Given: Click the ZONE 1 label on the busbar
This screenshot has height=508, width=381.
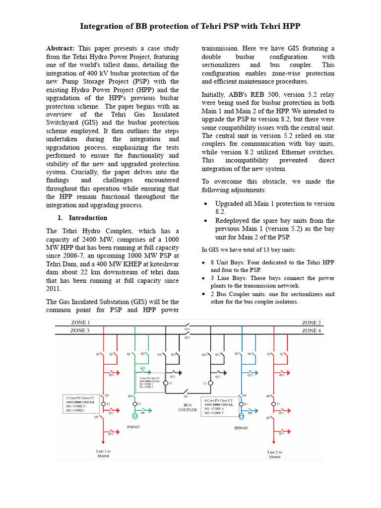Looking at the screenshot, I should pos(80,322).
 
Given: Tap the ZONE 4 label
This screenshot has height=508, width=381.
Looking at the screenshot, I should pos(311,330).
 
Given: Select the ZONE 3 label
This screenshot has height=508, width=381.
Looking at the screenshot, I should pos(80,330).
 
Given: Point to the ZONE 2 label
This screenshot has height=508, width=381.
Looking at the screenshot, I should pos(311,322).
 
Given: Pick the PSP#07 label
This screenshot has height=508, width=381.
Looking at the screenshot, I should pos(134,426).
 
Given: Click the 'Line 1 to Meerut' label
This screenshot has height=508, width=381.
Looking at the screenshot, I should pos(103,453).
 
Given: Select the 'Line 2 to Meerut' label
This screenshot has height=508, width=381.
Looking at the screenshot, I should pos(274,454).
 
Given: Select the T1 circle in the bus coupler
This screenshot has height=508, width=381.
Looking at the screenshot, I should pos(166,383).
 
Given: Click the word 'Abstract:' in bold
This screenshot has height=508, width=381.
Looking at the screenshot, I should pos(60,49).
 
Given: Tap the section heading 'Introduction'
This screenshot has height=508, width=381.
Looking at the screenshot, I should pos(88,218).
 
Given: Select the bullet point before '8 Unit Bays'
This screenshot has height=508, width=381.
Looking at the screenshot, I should pos(205,262).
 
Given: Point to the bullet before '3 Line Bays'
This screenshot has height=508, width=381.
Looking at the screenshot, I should pos(205,279).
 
